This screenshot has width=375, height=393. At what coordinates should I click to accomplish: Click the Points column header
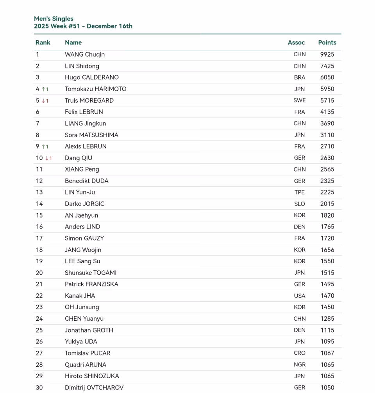coord(327,43)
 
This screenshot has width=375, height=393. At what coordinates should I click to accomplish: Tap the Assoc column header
coord(296,43)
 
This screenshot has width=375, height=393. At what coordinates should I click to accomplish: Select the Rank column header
coord(43,43)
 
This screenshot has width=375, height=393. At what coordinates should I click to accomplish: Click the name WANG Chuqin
coord(85,55)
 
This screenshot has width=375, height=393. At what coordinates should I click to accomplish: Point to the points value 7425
coord(327,66)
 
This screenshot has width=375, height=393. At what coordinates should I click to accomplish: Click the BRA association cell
coord(300,77)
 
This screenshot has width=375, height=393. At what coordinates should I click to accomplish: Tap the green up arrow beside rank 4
coord(43,89)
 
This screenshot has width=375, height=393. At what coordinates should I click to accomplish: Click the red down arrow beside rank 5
coord(43,101)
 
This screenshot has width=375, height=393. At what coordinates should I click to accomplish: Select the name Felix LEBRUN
coord(84,112)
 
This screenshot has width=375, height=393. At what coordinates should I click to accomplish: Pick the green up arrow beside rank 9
coord(43,146)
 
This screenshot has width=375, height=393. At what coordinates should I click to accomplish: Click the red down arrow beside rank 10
coord(47,158)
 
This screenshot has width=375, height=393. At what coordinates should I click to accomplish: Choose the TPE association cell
coord(300,192)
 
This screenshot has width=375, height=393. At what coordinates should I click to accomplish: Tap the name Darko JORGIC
coord(84,204)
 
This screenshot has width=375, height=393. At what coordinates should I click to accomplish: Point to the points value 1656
coord(327,250)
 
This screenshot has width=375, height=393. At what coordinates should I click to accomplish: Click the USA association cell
coord(300,296)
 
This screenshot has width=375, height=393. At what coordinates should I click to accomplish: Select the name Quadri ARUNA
coord(86,364)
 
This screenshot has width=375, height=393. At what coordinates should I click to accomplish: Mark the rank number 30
coord(39,388)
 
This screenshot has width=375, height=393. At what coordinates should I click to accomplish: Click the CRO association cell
coord(300,353)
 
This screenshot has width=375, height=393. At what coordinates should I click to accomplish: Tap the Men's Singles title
coord(54,19)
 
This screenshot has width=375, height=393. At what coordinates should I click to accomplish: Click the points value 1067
coord(327,353)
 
